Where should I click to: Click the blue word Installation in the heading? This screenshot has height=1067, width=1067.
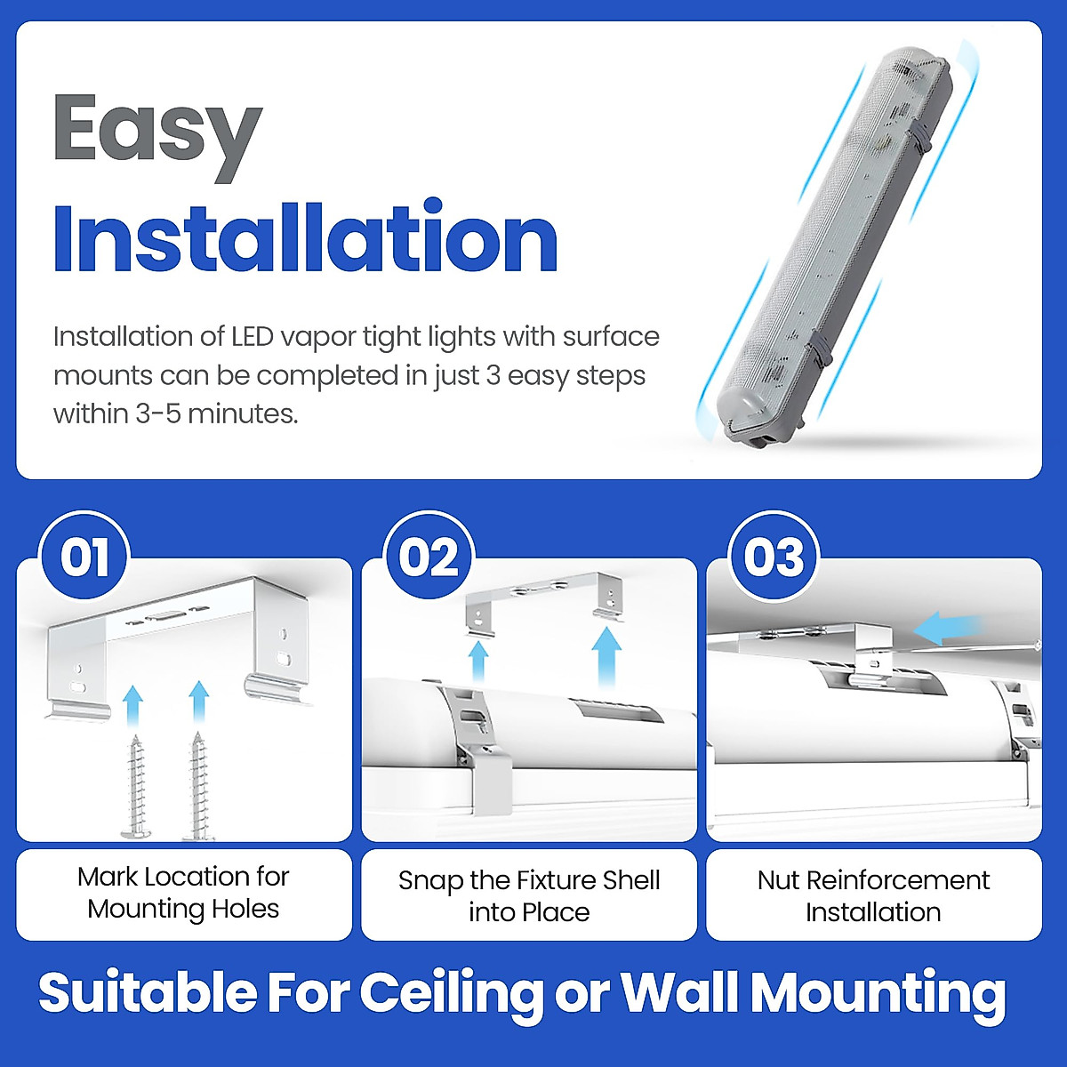[305, 238]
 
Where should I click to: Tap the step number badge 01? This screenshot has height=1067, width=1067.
[85, 558]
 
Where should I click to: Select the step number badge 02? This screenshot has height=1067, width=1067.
[429, 558]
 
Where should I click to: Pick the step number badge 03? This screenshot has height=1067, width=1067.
[774, 558]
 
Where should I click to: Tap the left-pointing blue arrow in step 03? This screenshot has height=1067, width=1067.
[947, 628]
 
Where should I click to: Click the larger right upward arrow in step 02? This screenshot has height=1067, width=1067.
[607, 656]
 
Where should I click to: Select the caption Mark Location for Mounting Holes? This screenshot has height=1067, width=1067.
[183, 893]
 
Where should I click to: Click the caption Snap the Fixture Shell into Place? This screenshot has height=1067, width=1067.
[529, 895]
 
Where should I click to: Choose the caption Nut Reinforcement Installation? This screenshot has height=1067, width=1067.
[873, 895]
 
